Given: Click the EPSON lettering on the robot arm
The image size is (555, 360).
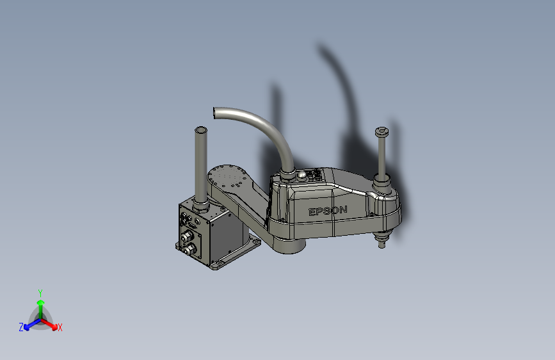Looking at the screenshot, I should tap(328, 211).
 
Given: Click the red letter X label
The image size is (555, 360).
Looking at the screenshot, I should tap(60, 327).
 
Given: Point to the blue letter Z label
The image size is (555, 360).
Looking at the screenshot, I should tap(21, 327).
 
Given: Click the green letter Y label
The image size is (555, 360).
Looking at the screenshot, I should tap(40, 291).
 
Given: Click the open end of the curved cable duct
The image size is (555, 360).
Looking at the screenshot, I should tap(214, 113).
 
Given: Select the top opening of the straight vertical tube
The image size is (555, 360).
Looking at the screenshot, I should tap(200, 130).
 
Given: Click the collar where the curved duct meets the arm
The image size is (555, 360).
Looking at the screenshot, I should tap(287, 174).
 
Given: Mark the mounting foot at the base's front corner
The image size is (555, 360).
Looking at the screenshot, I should tap(215, 265).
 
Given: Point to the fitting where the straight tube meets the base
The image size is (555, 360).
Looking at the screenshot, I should tap(200, 206).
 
